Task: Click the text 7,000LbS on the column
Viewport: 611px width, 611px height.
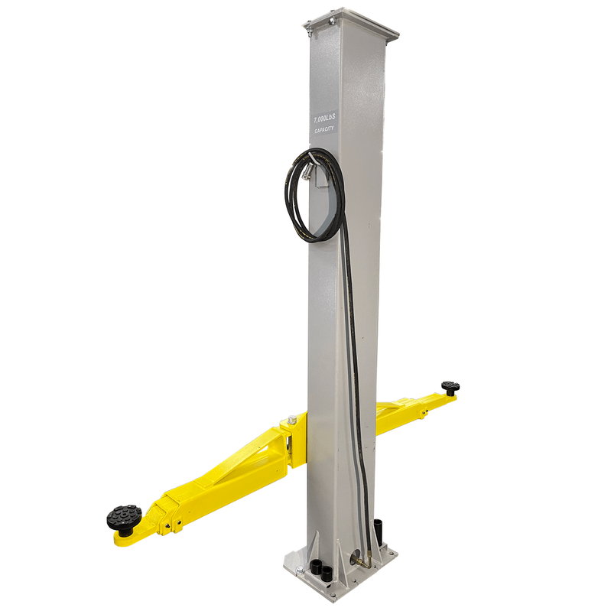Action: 323,120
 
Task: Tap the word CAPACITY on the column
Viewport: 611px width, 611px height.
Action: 324,130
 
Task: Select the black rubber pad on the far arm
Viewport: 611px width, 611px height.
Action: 450,387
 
